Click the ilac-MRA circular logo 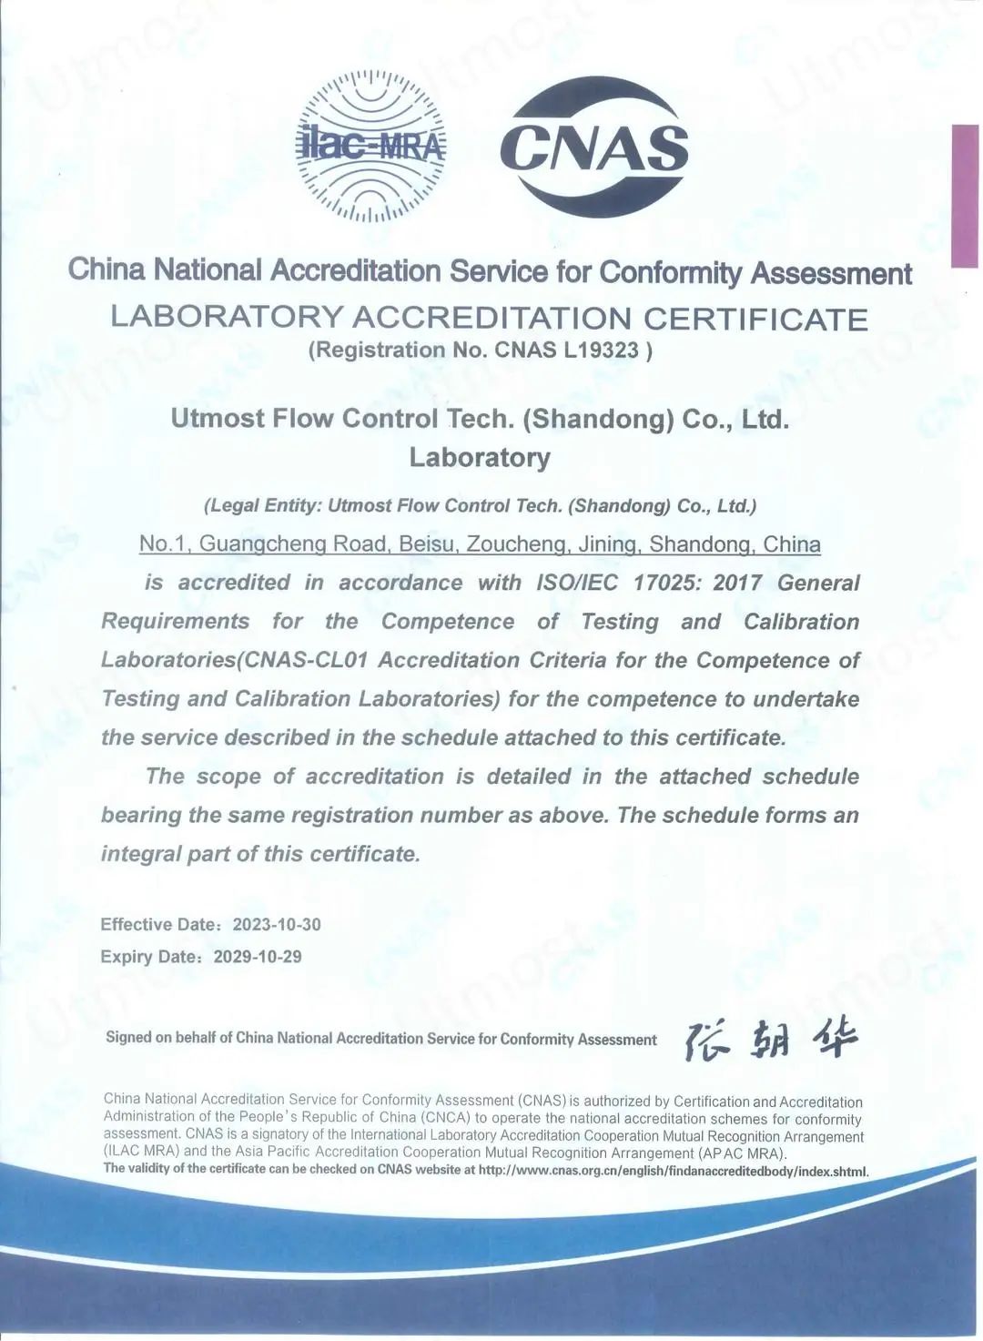tap(371, 147)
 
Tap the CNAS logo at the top tap(594, 146)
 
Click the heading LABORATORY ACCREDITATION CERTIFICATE tap(490, 319)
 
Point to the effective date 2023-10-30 tap(277, 925)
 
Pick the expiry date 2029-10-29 tap(258, 957)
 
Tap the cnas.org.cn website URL tap(674, 1171)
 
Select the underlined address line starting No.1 tap(480, 544)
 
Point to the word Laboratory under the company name tap(480, 457)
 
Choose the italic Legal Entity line tap(480, 506)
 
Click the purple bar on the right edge tap(964, 196)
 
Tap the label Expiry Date tap(150, 957)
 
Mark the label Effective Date tap(159, 925)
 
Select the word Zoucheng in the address tap(511, 544)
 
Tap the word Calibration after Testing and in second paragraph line tap(801, 622)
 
